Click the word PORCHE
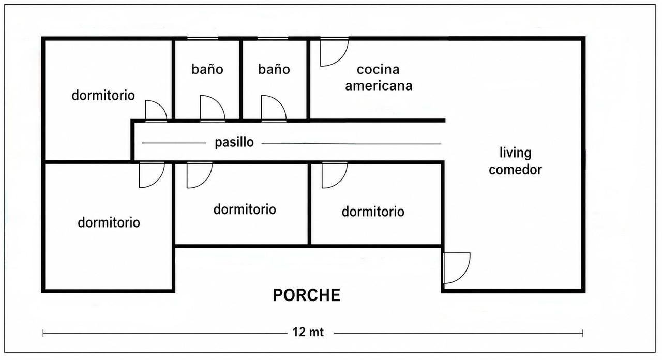[307, 295]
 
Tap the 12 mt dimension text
[308, 332]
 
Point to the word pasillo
[234, 142]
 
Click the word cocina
[378, 70]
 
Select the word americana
[379, 86]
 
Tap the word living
[516, 153]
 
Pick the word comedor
[515, 170]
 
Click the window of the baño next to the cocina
[273, 38]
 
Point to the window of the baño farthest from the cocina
[203, 38]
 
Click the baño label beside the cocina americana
[274, 69]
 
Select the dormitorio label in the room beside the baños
[103, 95]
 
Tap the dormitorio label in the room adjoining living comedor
[373, 212]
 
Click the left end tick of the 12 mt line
[43, 334]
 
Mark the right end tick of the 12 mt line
[583, 334]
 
